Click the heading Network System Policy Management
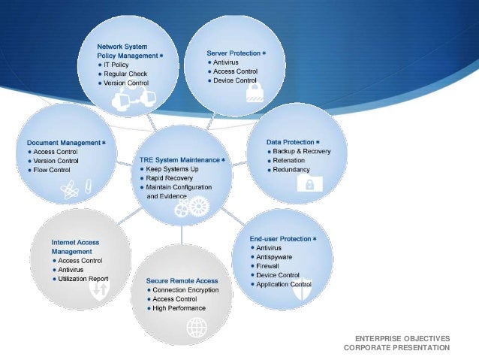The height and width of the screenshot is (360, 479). (126, 50)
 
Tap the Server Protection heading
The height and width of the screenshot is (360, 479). (233, 53)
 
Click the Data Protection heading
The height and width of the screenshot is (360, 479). (291, 141)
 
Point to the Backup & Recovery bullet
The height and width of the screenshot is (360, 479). (303, 151)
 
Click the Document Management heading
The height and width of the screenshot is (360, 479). (63, 142)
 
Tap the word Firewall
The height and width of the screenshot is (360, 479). (268, 266)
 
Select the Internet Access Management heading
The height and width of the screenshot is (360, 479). (75, 247)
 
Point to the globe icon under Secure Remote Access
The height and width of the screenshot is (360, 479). (197, 327)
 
